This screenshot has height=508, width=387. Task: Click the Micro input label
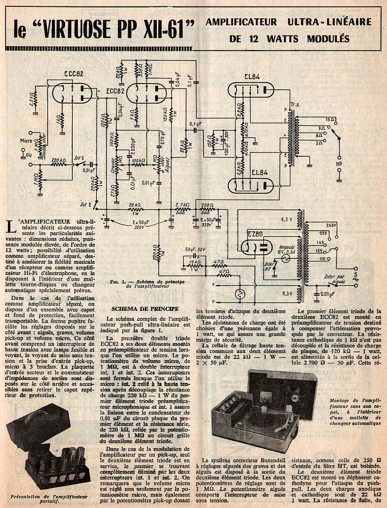[26, 140]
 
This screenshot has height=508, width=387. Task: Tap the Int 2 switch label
[86, 205]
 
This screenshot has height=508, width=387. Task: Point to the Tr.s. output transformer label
[295, 105]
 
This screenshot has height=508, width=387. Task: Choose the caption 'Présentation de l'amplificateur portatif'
[49, 497]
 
